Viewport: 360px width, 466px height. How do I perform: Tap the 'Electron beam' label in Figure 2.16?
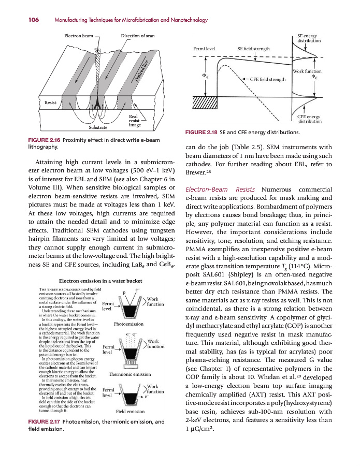[79, 36]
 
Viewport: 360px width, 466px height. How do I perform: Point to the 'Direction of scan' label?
[138, 36]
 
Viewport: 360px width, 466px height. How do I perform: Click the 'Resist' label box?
[51, 103]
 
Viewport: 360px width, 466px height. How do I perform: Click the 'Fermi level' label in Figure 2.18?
[204, 49]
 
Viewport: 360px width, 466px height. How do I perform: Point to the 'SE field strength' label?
[254, 49]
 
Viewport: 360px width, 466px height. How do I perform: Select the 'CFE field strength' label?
[268, 80]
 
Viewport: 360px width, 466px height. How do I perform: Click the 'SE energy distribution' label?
[309, 38]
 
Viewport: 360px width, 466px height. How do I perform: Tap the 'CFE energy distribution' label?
[309, 120]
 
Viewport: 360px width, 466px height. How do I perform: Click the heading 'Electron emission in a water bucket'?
[102, 281]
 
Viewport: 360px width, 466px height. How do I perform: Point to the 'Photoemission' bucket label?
[128, 325]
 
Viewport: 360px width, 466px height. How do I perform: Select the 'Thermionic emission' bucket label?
[128, 374]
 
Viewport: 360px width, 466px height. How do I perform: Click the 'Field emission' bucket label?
[129, 412]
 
